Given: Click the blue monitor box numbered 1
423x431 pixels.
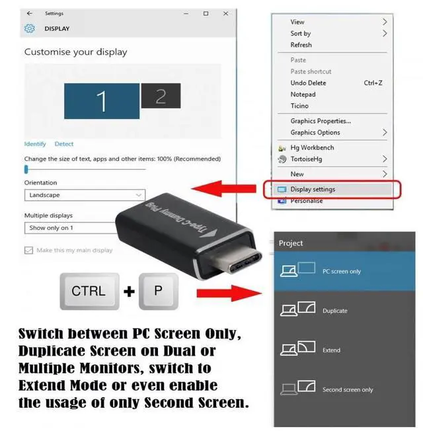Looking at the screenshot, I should (101, 101).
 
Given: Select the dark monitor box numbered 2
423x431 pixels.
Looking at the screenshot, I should (160, 97).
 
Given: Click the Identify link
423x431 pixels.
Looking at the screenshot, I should (35, 144).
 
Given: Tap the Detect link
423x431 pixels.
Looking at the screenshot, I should (64, 144).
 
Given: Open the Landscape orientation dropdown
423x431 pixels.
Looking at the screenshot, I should (84, 195).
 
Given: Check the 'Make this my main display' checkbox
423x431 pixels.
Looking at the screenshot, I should (28, 251).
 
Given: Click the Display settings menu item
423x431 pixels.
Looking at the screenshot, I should (313, 190).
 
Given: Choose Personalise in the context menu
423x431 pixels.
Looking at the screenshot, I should (307, 201).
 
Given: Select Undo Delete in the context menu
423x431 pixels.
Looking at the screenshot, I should (308, 83).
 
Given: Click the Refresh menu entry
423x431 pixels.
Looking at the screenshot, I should (301, 45).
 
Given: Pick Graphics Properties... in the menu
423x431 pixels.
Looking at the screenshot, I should (321, 121).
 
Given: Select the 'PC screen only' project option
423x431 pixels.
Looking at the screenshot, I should (341, 271).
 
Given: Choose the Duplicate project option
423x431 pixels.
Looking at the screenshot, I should (334, 311).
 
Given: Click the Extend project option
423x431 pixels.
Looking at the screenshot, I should (332, 350).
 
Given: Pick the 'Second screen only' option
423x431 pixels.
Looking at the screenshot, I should (347, 390).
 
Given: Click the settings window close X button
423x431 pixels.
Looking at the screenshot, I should (224, 13).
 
